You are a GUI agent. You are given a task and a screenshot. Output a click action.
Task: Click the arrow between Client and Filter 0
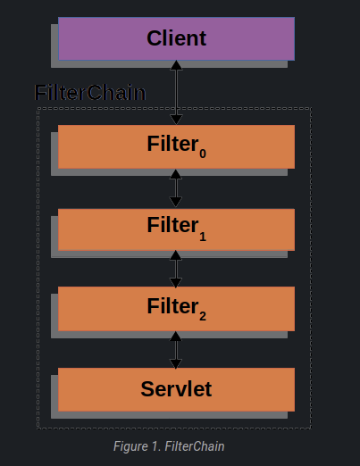click(x=176, y=93)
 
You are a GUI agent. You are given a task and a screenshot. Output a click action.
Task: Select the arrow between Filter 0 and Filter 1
click(x=176, y=188)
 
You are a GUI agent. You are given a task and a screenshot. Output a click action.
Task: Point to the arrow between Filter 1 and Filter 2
click(x=176, y=269)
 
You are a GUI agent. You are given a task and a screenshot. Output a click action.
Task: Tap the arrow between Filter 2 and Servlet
click(x=176, y=349)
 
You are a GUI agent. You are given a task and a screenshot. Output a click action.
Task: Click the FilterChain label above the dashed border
click(x=89, y=92)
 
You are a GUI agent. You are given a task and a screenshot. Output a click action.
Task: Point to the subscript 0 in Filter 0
click(x=203, y=154)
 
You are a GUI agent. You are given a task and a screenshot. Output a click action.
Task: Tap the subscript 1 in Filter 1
click(x=203, y=237)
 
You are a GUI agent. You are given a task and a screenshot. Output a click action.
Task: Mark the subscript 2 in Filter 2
click(x=203, y=316)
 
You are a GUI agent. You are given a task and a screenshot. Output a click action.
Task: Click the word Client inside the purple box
click(x=176, y=38)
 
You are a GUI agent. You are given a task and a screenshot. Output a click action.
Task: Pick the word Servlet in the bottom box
click(x=176, y=389)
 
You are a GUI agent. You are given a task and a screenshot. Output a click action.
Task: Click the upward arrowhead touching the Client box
click(x=176, y=65)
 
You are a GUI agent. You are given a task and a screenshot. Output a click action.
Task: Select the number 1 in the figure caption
click(x=160, y=445)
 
